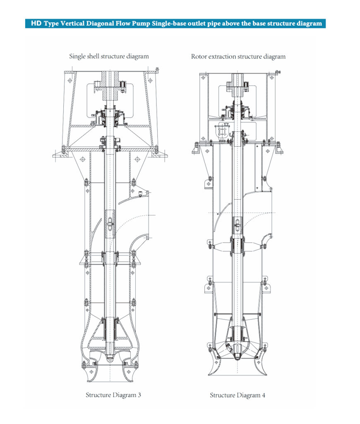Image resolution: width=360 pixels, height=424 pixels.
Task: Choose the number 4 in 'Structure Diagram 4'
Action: pyautogui.click(x=263, y=395)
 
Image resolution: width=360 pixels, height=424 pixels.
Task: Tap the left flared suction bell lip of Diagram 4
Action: pyautogui.click(x=214, y=364)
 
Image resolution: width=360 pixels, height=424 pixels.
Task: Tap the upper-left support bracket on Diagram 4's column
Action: pyautogui.click(x=207, y=183)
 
